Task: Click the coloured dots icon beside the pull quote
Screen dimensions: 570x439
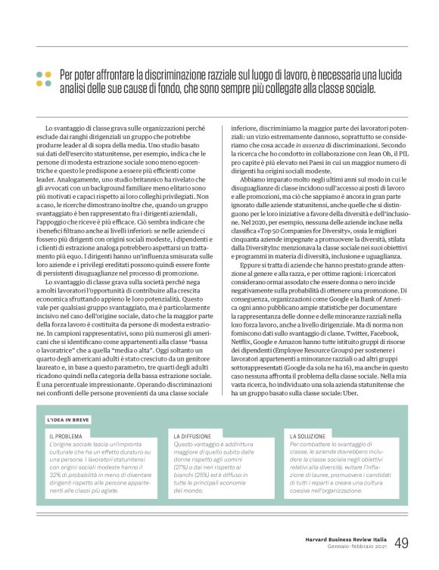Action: (x=43, y=79)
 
